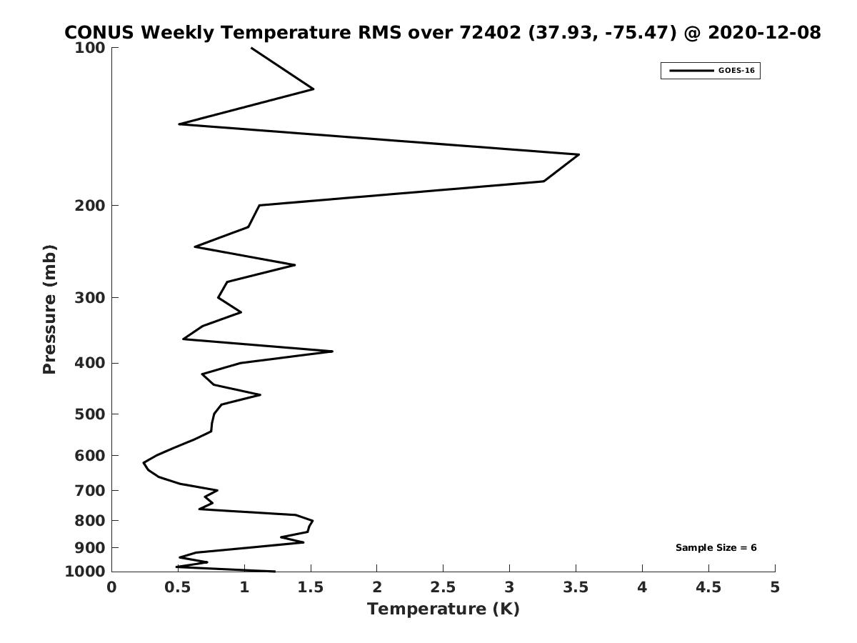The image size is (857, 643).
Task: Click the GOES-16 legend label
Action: click(x=736, y=71)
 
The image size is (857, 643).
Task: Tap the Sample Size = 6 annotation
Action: click(x=716, y=548)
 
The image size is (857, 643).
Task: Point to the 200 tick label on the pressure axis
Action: click(x=90, y=205)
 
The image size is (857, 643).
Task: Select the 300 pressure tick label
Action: click(x=90, y=298)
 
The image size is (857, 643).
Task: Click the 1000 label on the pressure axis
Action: click(x=85, y=572)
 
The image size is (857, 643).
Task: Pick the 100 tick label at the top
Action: click(x=90, y=48)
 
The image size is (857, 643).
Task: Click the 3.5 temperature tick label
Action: click(x=576, y=587)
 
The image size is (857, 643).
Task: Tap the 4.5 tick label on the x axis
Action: click(x=708, y=587)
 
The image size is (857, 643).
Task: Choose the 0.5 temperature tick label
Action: click(x=178, y=587)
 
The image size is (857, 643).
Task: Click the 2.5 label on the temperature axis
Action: click(x=443, y=587)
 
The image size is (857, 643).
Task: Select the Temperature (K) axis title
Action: click(x=443, y=609)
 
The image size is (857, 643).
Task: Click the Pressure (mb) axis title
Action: click(x=49, y=309)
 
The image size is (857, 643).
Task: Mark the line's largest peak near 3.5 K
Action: click(x=578, y=154)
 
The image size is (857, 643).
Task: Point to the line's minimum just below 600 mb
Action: click(x=144, y=463)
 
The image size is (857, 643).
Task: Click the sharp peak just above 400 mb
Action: click(x=332, y=352)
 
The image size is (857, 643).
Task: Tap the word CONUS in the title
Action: click(x=99, y=32)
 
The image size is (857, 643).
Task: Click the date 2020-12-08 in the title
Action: click(x=764, y=32)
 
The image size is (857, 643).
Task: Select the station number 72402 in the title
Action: click(x=490, y=32)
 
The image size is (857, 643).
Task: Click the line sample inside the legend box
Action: click(x=691, y=71)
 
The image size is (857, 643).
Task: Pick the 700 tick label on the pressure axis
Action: click(x=90, y=490)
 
